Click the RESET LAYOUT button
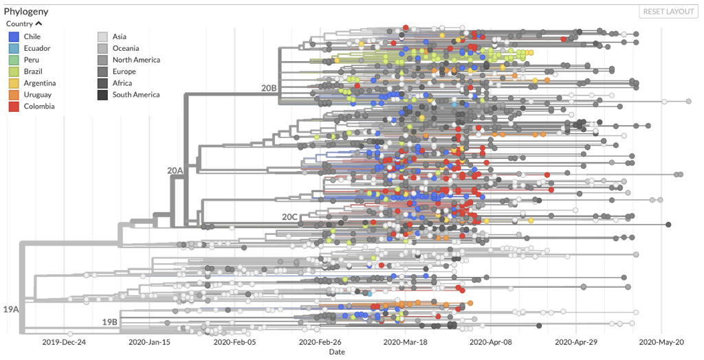click(668, 12)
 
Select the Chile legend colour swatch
click(14, 36)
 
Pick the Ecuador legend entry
click(36, 48)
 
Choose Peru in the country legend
click(32, 60)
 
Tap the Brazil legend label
click(33, 71)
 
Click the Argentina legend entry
click(40, 83)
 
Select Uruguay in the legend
click(37, 95)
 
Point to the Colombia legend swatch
click(14, 106)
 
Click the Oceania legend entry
click(126, 48)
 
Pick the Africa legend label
click(123, 83)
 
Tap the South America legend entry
click(136, 95)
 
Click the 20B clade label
click(269, 88)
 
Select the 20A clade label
click(175, 170)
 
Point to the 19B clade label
click(110, 322)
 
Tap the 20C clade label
click(290, 217)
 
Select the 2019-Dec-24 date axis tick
click(64, 341)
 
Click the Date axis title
click(337, 352)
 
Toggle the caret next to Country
click(38, 24)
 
